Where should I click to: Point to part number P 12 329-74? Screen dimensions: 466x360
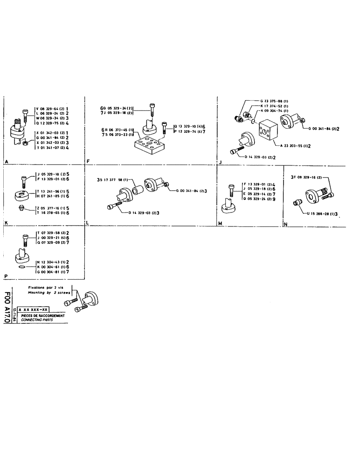(187, 132)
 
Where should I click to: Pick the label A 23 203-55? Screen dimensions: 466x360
(295, 146)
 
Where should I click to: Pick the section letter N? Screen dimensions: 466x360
(285, 225)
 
